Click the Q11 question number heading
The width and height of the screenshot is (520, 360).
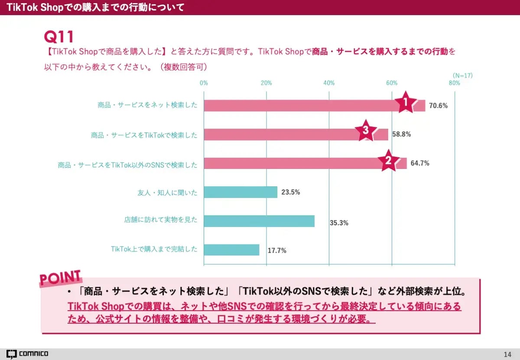[x=59, y=36]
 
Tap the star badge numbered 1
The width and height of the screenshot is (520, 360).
[x=406, y=103]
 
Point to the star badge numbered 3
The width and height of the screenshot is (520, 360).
[x=366, y=131]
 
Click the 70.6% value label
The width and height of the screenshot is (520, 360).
[x=438, y=105]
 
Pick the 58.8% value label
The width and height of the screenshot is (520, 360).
[x=401, y=134]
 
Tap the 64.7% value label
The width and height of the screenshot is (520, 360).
[x=420, y=163]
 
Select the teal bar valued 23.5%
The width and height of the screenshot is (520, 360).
[x=240, y=192]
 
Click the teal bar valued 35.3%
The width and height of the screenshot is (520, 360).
[x=259, y=221]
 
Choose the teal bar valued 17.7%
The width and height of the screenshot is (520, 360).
[x=231, y=250]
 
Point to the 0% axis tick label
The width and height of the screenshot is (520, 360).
[x=204, y=83]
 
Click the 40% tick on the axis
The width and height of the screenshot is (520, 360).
[x=329, y=83]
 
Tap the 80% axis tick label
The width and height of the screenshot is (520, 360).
[x=454, y=83]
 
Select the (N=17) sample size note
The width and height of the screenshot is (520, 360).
[x=462, y=75]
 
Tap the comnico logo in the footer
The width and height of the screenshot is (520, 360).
[x=27, y=354]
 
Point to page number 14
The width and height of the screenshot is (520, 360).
[x=508, y=354]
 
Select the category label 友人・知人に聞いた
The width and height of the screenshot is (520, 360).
[x=167, y=192]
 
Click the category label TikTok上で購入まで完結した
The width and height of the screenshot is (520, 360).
[x=154, y=249]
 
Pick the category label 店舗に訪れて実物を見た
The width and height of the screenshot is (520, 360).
[x=160, y=220]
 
